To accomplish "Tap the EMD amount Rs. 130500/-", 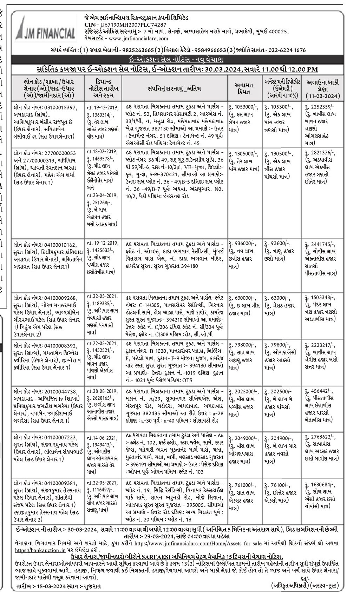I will click(x=280, y=153).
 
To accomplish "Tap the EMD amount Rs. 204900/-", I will click(x=280, y=438).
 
